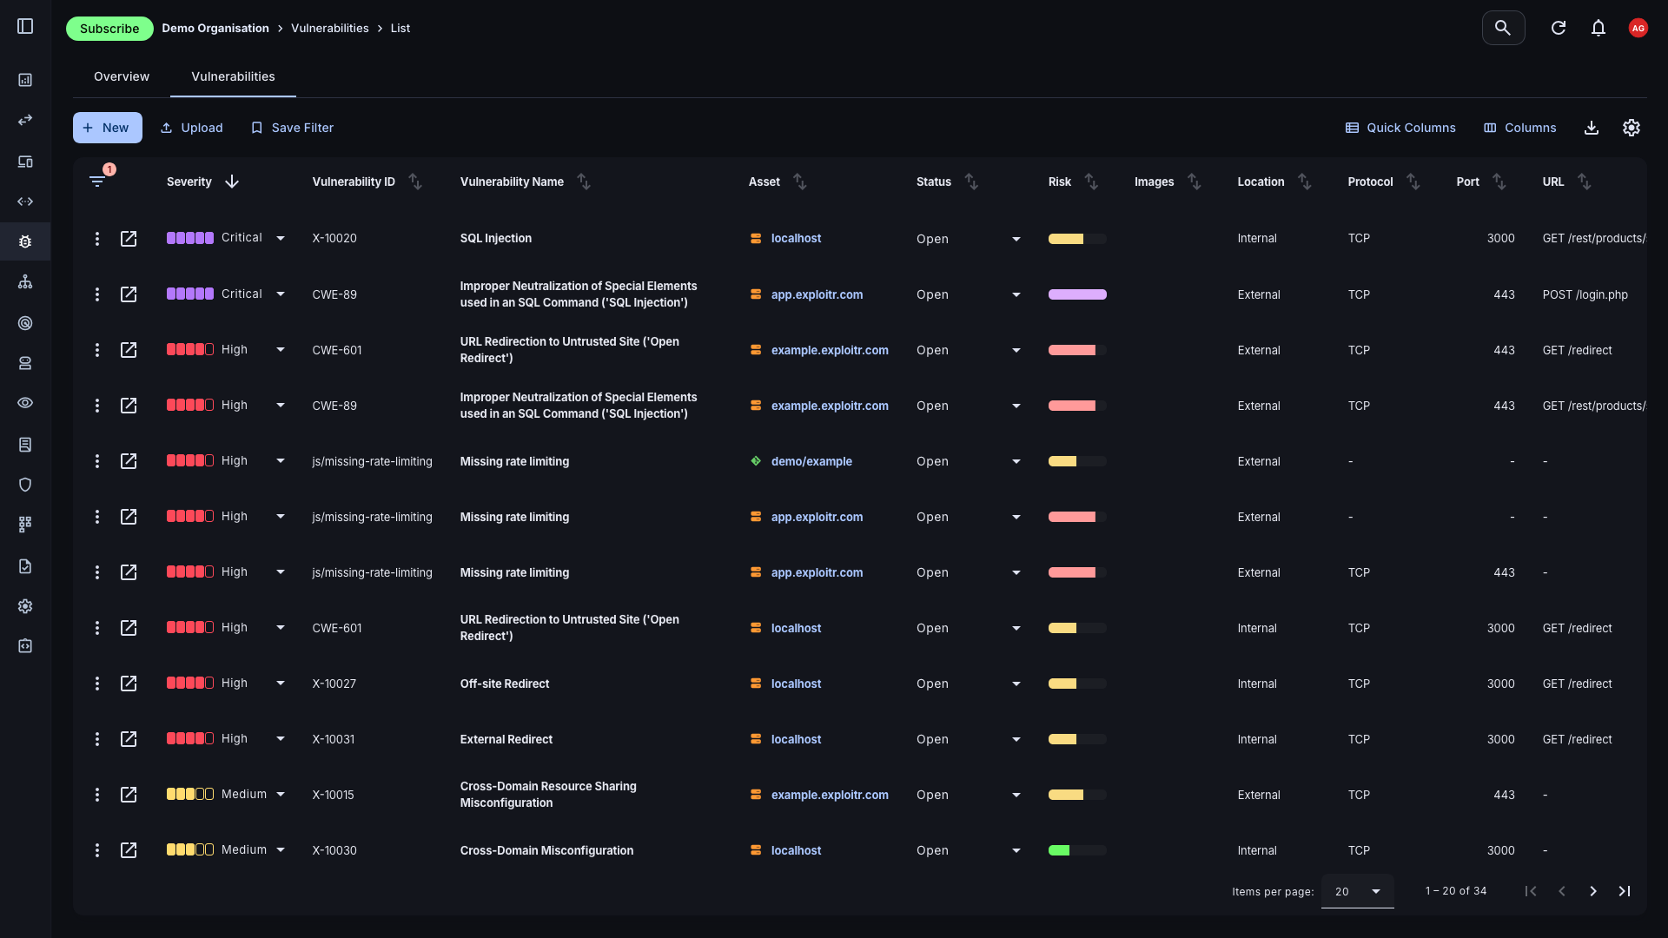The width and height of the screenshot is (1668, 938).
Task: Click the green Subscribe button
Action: pyautogui.click(x=109, y=29)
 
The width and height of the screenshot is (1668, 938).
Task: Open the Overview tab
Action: pyautogui.click(x=122, y=76)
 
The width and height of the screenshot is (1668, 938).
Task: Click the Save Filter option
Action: pyautogui.click(x=293, y=128)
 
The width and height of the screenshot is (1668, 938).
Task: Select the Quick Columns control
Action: pyautogui.click(x=1400, y=128)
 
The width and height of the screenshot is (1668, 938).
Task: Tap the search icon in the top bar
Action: pyautogui.click(x=1503, y=28)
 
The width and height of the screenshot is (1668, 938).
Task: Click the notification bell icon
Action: pyautogui.click(x=1598, y=28)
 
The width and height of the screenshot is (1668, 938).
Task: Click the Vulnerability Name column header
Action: pyautogui.click(x=512, y=182)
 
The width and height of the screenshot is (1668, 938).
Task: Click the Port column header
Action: pyautogui.click(x=1467, y=182)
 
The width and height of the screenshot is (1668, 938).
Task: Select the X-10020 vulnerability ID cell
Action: pyautogui.click(x=334, y=238)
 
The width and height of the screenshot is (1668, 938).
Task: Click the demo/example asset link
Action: pyautogui.click(x=811, y=461)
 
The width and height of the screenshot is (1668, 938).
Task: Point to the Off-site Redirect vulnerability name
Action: pyautogui.click(x=505, y=684)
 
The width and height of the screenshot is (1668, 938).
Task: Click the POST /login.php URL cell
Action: pyautogui.click(x=1585, y=294)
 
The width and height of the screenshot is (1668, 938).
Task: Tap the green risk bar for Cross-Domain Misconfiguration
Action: pyautogui.click(x=1059, y=850)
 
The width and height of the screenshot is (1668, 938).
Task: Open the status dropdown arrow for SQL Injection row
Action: pyautogui.click(x=1016, y=239)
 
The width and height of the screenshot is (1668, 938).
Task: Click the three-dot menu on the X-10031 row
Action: pyautogui.click(x=97, y=739)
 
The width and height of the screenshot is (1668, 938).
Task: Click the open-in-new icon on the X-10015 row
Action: pyautogui.click(x=129, y=795)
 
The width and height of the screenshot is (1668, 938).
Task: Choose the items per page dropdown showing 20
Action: pyautogui.click(x=1357, y=891)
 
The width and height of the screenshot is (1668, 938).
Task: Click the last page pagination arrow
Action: pyautogui.click(x=1624, y=891)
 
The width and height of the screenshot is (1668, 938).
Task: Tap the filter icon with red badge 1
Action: pyautogui.click(x=97, y=181)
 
